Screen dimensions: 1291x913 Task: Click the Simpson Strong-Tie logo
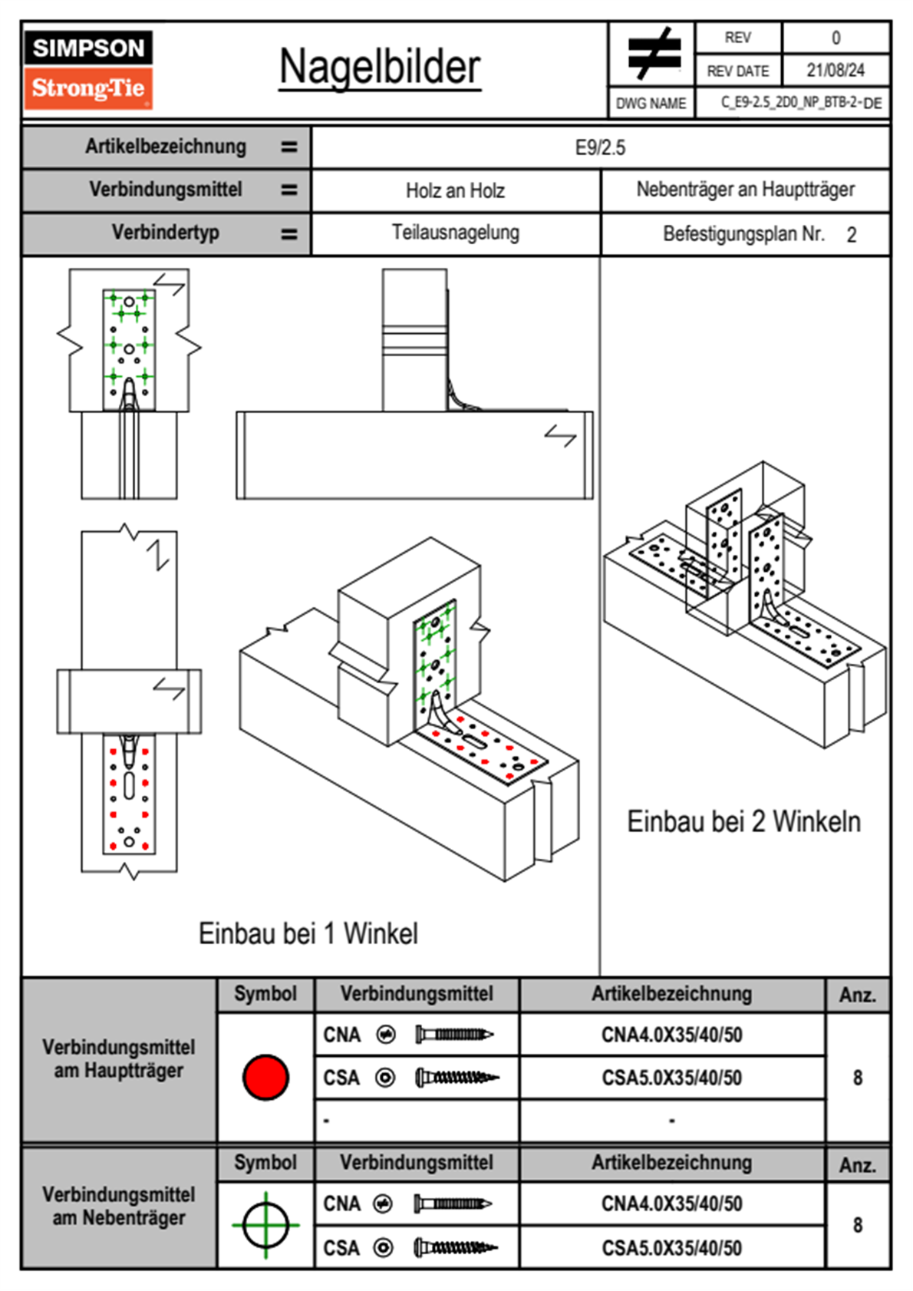point(88,69)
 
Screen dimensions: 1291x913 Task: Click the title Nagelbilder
point(380,67)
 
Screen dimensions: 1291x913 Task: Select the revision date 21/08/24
point(835,71)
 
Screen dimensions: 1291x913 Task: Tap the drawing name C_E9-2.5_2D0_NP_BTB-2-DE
point(800,103)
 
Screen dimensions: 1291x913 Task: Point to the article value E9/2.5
point(600,147)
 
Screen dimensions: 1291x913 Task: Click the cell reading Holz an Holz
point(455,190)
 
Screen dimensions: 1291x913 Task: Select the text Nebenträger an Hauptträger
point(745,190)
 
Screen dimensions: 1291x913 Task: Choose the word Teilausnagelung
point(455,233)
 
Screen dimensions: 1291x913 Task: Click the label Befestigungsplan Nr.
point(743,234)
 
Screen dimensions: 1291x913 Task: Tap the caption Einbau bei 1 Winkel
point(308,933)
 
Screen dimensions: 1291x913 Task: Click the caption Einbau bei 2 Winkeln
point(743,821)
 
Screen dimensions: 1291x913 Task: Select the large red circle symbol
point(265,1077)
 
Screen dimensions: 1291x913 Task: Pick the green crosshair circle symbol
point(265,1225)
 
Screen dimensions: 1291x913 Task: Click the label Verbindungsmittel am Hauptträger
point(119,1058)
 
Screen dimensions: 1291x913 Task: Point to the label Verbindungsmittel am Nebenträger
point(119,1206)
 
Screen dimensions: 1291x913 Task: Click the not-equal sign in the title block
point(653,54)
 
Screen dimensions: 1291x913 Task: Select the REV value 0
point(836,38)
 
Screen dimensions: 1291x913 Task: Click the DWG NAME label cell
point(651,103)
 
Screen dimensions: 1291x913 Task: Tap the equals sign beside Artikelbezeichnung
point(288,147)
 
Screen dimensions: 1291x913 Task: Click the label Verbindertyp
point(165,233)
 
